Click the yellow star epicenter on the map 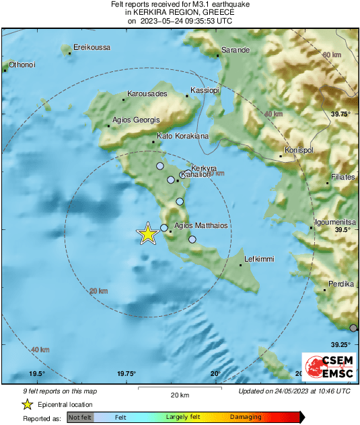pyautogui.click(x=147, y=234)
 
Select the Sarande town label pyautogui.click(x=236, y=50)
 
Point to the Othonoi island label pyautogui.click(x=22, y=65)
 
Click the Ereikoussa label pyautogui.click(x=92, y=47)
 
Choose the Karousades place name pyautogui.click(x=147, y=94)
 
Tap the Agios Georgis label pyautogui.click(x=137, y=120)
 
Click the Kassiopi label pyautogui.click(x=205, y=90)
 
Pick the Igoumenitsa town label pyautogui.click(x=335, y=222)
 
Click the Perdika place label pyautogui.click(x=340, y=284)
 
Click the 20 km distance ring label pyautogui.click(x=98, y=291)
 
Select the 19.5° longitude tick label pyautogui.click(x=36, y=374)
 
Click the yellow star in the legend pyautogui.click(x=27, y=404)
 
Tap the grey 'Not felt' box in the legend pyautogui.click(x=80, y=418)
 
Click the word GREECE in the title pyautogui.click(x=219, y=12)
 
